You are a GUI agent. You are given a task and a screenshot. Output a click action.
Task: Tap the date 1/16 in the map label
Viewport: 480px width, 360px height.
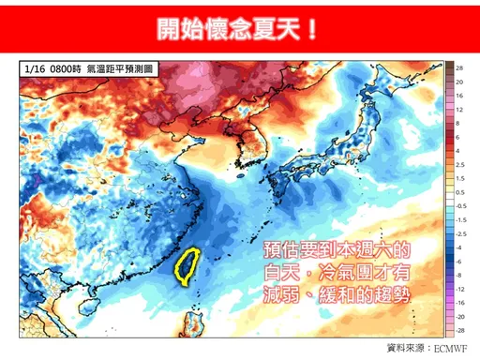pyautogui.click(x=37, y=70)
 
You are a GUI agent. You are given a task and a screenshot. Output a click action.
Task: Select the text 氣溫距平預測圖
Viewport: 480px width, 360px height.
pyautogui.click(x=119, y=70)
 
